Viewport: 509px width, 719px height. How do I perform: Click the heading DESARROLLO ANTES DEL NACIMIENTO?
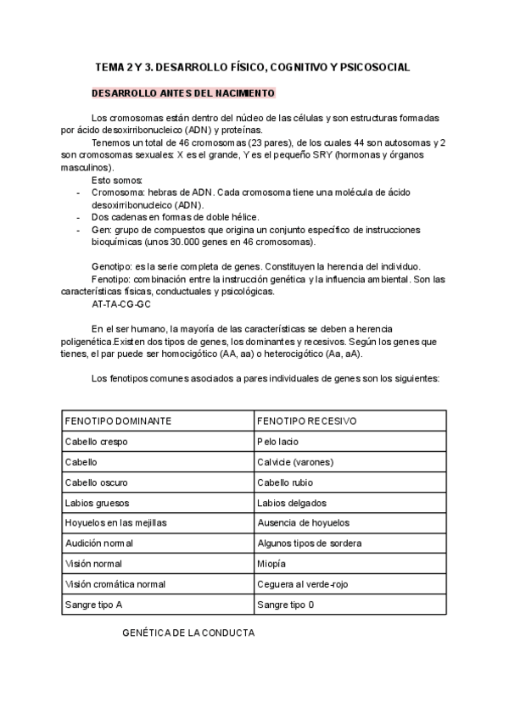tap(182, 92)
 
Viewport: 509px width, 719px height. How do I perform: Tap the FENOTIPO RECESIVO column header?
tap(306, 421)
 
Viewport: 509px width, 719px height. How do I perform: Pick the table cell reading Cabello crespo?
tap(95, 442)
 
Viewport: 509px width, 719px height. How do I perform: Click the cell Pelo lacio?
tap(277, 442)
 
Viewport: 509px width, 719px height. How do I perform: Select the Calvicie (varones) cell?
tap(295, 462)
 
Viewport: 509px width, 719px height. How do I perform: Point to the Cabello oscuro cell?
tap(96, 482)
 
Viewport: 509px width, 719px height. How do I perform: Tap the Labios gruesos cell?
tap(96, 503)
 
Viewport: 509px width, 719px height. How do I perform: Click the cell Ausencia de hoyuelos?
tap(303, 523)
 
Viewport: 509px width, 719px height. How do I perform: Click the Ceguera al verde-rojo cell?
tap(303, 584)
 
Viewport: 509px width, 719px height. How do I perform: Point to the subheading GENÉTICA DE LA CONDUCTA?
tap(188, 633)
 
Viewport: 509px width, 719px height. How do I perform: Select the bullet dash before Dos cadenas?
tap(77, 217)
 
